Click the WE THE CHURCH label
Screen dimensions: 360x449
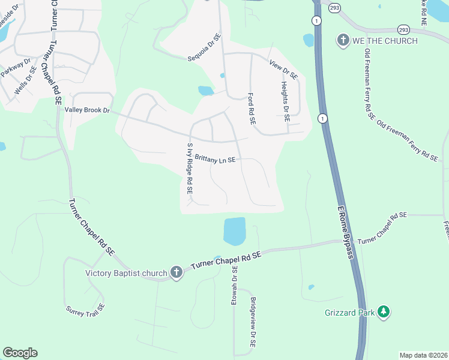[x=385, y=40]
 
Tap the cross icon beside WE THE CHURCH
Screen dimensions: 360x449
[x=343, y=40]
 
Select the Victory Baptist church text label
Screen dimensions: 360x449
[x=126, y=274]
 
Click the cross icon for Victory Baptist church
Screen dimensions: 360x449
[x=176, y=273]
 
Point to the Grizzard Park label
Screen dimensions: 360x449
[x=350, y=313]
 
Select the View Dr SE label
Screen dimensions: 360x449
[x=283, y=70]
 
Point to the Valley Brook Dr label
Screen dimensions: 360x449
[x=88, y=110]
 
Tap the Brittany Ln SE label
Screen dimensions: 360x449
[x=214, y=160]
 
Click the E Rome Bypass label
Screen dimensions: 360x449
[x=343, y=228]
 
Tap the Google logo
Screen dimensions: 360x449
[x=20, y=353]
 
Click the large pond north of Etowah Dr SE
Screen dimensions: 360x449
[x=235, y=230]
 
